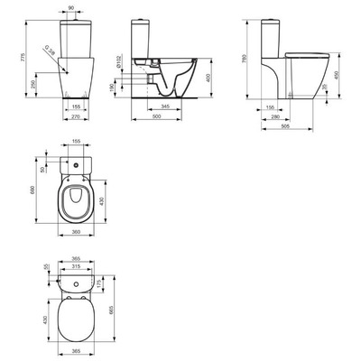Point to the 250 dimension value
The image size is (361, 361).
coord(33,83)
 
